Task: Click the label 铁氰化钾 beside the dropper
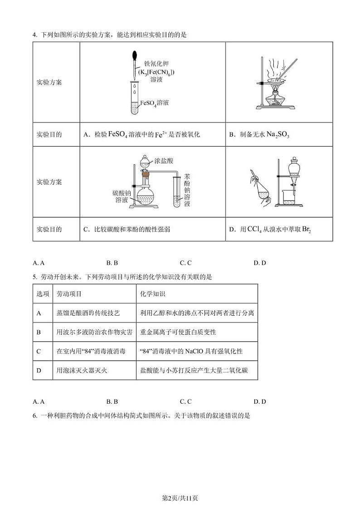pyautogui.click(x=156, y=64)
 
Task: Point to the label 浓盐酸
pyautogui.click(x=164, y=161)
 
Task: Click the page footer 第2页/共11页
pyautogui.click(x=180, y=499)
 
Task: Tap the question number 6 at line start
pyautogui.click(x=34, y=415)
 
